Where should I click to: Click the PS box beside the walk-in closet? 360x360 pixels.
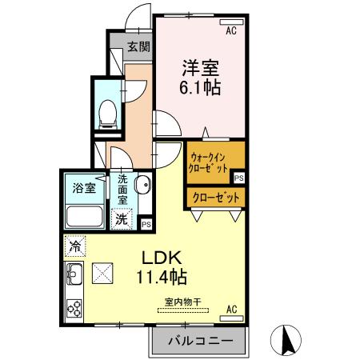tap(238, 178)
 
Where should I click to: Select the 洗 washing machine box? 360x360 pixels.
tap(119, 218)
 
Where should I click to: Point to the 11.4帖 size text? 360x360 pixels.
tap(164, 278)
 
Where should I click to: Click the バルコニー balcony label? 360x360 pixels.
tap(199, 341)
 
